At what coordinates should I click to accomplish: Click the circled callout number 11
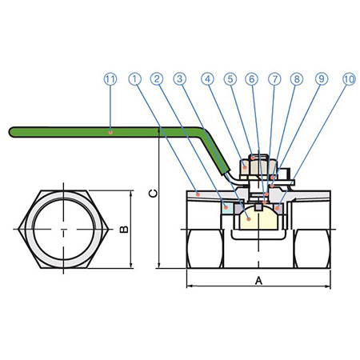110,79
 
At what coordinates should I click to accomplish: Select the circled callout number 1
135,78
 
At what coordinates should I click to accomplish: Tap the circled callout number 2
157,78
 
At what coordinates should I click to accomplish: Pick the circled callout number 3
180,78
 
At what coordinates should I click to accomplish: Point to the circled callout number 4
208,78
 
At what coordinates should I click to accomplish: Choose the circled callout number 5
230,78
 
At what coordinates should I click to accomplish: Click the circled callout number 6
252,78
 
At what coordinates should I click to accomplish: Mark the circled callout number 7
274,78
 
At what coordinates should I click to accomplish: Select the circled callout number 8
297,78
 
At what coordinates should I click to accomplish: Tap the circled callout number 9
322,78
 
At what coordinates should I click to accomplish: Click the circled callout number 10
349,78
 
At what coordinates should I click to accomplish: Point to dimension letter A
258,281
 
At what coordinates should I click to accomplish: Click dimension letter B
124,230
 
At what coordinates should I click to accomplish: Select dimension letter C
153,194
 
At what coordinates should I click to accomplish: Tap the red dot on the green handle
110,132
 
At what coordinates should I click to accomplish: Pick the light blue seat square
226,208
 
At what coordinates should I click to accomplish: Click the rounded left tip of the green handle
10,132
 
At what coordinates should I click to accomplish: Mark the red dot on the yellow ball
249,218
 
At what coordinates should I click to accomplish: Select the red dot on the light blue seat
226,207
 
